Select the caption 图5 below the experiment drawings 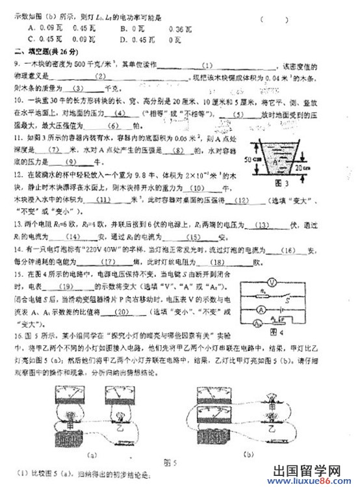(x=171, y=462)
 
